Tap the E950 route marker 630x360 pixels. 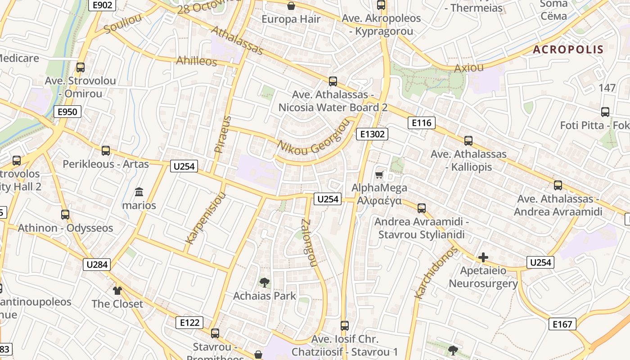coord(67,112)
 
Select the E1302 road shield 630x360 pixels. coord(372,134)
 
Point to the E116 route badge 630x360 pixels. coord(421,123)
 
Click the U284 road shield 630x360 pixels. coord(96,264)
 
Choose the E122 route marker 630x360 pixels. coord(189,322)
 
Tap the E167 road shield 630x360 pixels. coord(562,324)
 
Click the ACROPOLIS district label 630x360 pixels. coord(568,49)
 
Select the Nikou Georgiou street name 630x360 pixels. coord(314,142)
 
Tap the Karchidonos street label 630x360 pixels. coord(436,273)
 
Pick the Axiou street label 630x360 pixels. coord(469,68)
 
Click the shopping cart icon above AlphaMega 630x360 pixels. coord(379,175)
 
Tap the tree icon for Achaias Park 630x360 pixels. coord(265,283)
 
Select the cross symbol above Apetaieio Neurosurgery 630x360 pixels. coord(483,257)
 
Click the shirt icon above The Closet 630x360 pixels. coord(117,291)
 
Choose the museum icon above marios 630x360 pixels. coord(139,192)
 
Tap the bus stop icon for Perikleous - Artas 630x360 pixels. coord(106,151)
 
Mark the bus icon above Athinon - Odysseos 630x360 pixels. coord(65,215)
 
